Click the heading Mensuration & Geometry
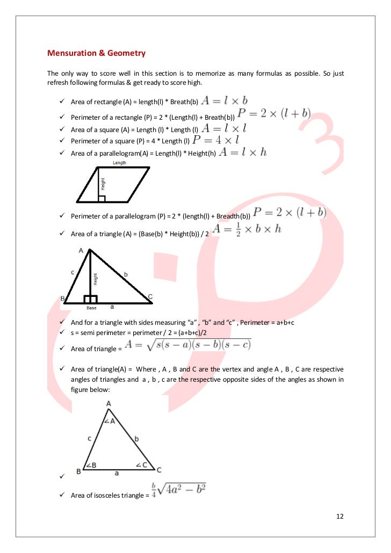coord(96,53)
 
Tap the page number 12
coord(339,516)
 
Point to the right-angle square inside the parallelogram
coord(102,199)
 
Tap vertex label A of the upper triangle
coord(81,251)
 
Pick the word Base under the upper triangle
coord(91,308)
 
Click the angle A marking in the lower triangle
coord(110,421)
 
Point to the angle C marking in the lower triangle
coord(142,464)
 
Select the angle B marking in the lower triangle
coord(91,465)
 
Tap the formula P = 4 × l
coord(214,141)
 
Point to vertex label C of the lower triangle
coord(159,469)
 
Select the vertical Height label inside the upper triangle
coord(95,279)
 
